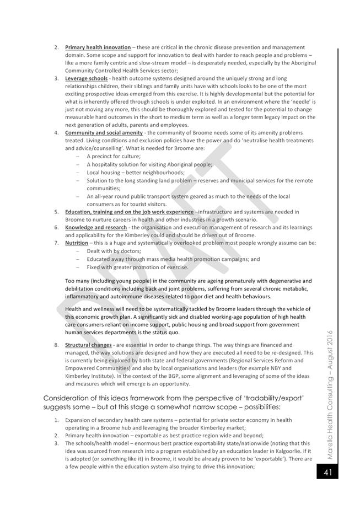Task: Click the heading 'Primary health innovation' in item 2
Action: (98, 47)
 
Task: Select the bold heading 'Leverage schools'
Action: (86, 78)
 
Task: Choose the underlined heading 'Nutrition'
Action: (77, 243)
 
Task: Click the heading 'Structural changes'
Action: (88, 345)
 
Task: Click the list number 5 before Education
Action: (57, 212)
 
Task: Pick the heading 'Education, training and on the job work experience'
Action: (129, 212)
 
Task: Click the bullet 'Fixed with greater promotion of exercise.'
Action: (137, 267)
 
